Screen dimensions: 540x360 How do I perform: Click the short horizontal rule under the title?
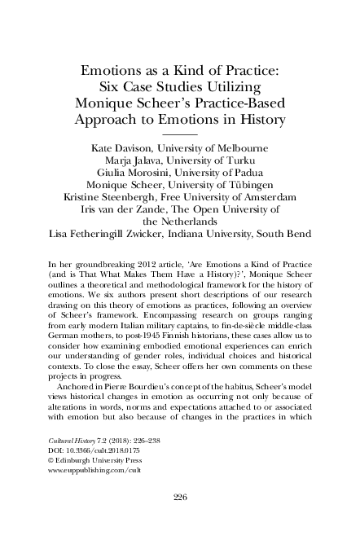coord(180,132)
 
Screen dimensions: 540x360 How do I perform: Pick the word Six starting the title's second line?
coord(108,86)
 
